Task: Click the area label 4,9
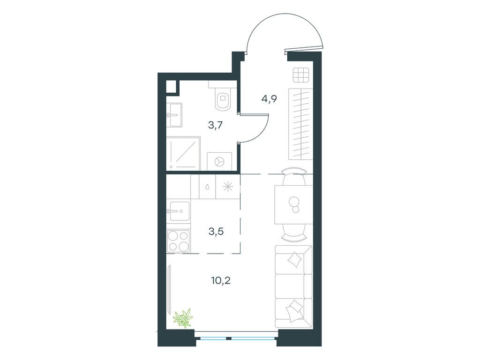coord(269,99)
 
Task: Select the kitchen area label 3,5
coord(216,232)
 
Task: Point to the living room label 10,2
coord(221,280)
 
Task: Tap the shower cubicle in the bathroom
coord(183,153)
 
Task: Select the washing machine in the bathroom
coord(219,161)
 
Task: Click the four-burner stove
coord(178,241)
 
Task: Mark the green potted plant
coord(183,318)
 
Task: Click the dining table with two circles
coord(293,204)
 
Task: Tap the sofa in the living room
coord(293,286)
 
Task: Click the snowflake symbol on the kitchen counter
coord(228,187)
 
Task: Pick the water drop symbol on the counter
coord(207,187)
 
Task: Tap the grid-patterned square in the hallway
coord(300,75)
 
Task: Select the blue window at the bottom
coord(236,338)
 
